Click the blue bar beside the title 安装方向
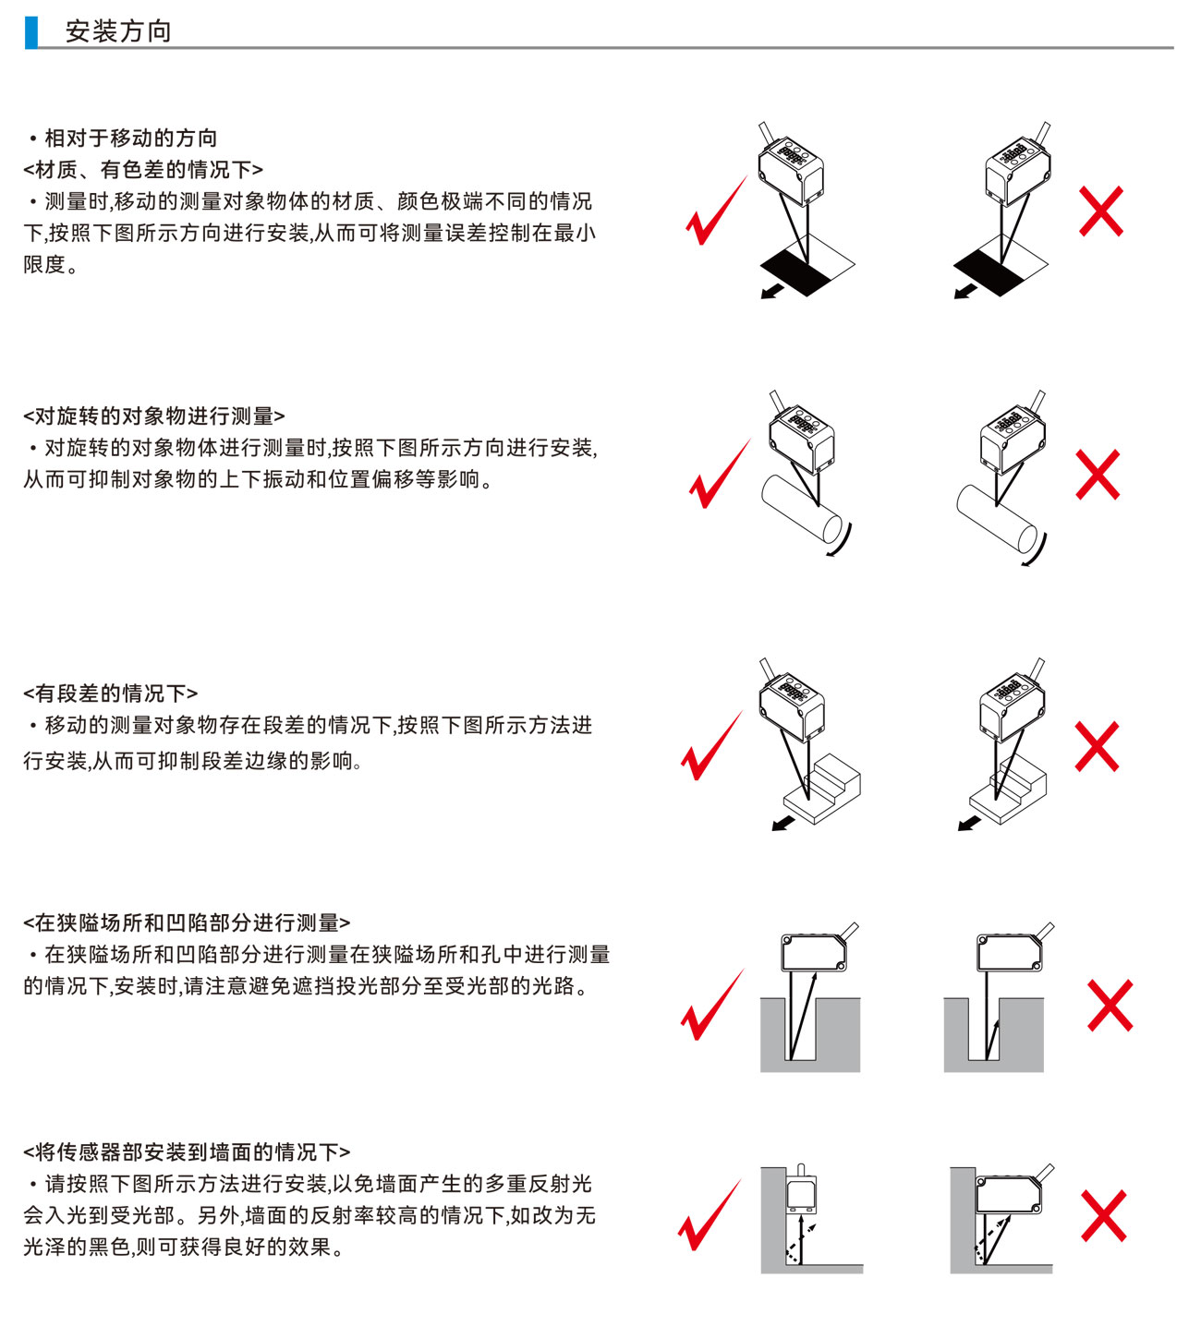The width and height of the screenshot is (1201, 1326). coord(31,32)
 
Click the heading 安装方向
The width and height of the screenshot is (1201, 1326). coord(118,31)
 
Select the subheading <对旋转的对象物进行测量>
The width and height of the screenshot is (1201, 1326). coord(154,416)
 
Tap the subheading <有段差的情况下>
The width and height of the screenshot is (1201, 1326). coord(111,693)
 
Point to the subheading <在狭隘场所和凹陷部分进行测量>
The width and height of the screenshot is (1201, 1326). coord(188,922)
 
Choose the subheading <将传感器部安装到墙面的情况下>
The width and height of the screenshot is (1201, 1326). coord(188,1151)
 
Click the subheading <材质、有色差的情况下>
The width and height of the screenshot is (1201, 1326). coord(143,169)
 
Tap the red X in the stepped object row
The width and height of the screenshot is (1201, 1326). coord(1097,746)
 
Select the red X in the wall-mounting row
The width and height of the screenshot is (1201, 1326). coord(1103,1215)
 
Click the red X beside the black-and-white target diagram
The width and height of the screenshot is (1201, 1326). coord(1101,211)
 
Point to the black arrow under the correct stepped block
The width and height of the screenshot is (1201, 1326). coord(783,823)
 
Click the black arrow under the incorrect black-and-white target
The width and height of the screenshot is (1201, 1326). coord(965,291)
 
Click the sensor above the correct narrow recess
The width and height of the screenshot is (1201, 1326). coord(814,953)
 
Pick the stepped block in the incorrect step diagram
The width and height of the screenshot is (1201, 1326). coord(1009,790)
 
